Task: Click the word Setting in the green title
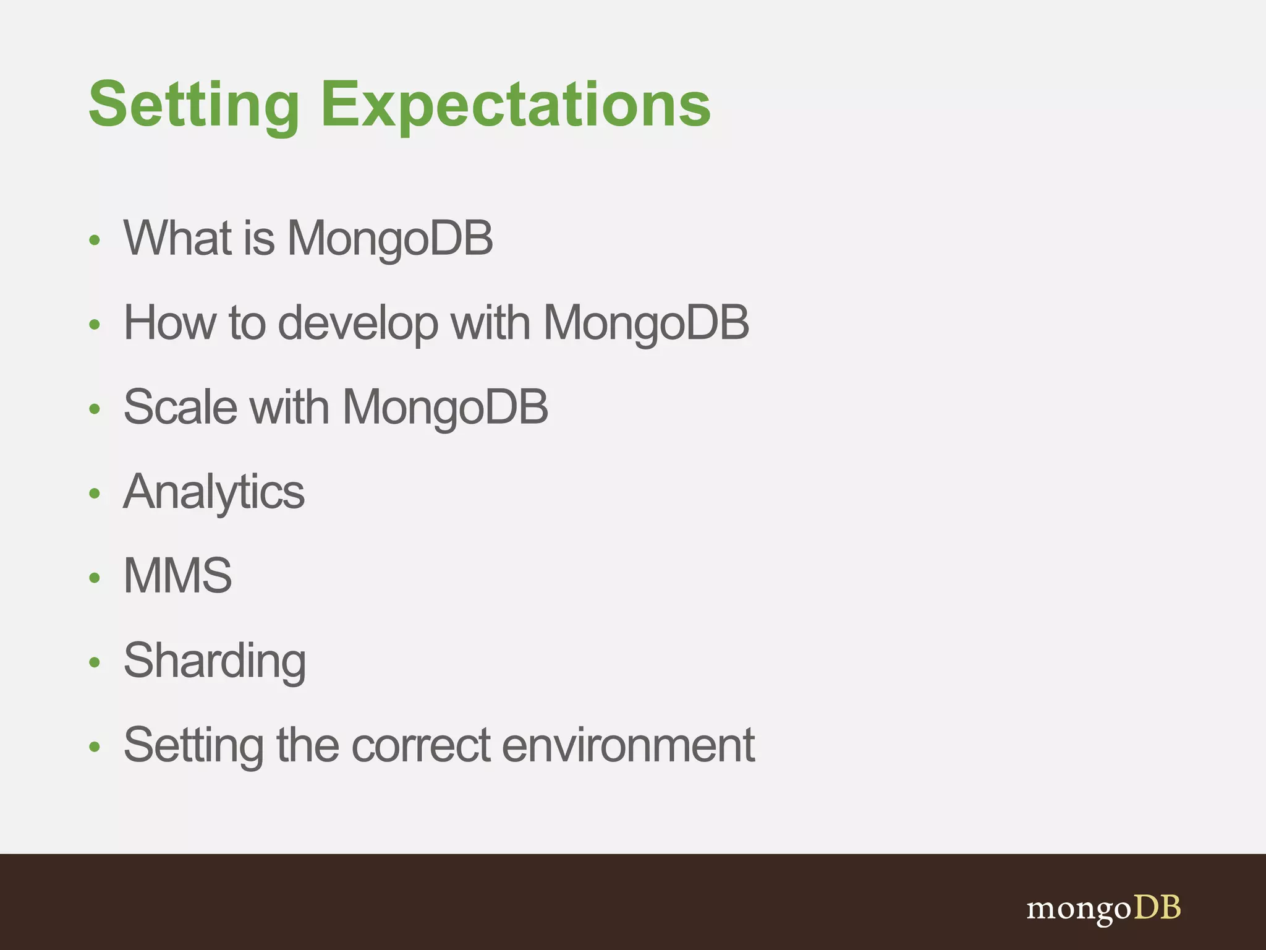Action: point(193,105)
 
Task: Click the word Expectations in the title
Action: point(516,105)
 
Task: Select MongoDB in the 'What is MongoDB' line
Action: point(390,238)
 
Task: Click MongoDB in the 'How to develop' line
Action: point(645,323)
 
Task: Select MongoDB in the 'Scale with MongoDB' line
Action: point(445,407)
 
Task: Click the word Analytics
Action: point(214,492)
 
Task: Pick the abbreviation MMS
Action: point(178,576)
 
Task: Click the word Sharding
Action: point(215,661)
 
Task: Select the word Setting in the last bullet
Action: point(193,745)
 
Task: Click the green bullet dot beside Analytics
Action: point(95,494)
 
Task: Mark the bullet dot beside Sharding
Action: point(95,662)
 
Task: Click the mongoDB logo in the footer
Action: point(1103,909)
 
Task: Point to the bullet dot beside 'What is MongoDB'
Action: point(95,240)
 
